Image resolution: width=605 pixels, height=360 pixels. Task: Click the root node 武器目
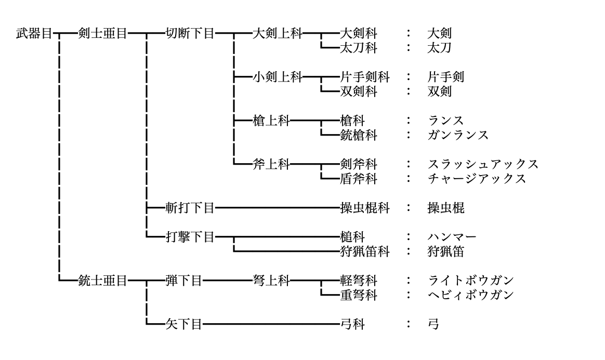pos(35,34)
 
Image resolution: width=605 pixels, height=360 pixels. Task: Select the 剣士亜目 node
pos(101,34)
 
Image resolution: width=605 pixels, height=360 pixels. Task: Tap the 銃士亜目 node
pos(101,281)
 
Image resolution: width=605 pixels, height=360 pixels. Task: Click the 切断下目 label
pos(189,34)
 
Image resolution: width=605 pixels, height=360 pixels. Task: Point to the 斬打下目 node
pos(189,209)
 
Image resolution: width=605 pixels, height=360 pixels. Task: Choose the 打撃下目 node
pos(189,238)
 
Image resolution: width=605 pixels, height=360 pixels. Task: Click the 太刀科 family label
pos(358,48)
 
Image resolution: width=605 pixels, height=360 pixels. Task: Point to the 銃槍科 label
pos(358,136)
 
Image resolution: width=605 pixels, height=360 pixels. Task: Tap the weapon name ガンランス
pos(458,136)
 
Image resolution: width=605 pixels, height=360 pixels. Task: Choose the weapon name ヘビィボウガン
pos(470,295)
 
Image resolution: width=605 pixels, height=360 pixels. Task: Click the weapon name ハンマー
pos(452,238)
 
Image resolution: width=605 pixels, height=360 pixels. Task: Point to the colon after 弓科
pos(410,325)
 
